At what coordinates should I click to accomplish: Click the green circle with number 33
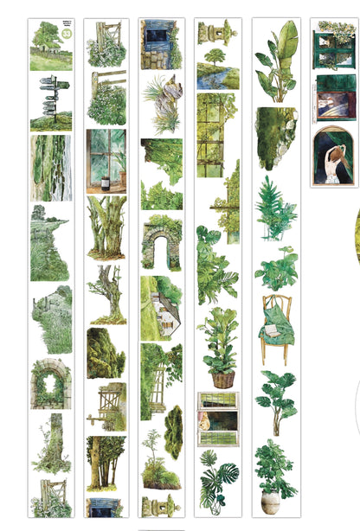tap(66, 34)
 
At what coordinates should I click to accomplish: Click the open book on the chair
tap(273, 330)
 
